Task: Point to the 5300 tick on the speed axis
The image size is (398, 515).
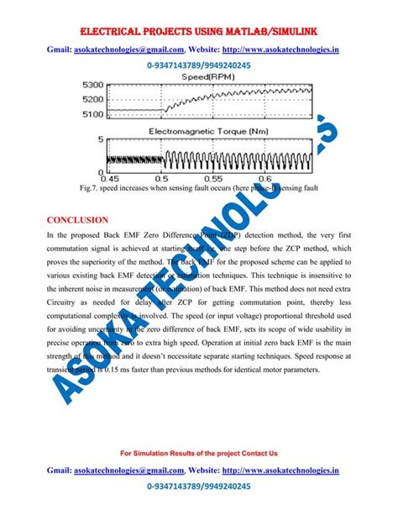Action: tap(92, 85)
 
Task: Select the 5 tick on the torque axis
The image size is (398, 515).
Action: tap(102, 140)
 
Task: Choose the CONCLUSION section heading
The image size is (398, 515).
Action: tap(78, 220)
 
